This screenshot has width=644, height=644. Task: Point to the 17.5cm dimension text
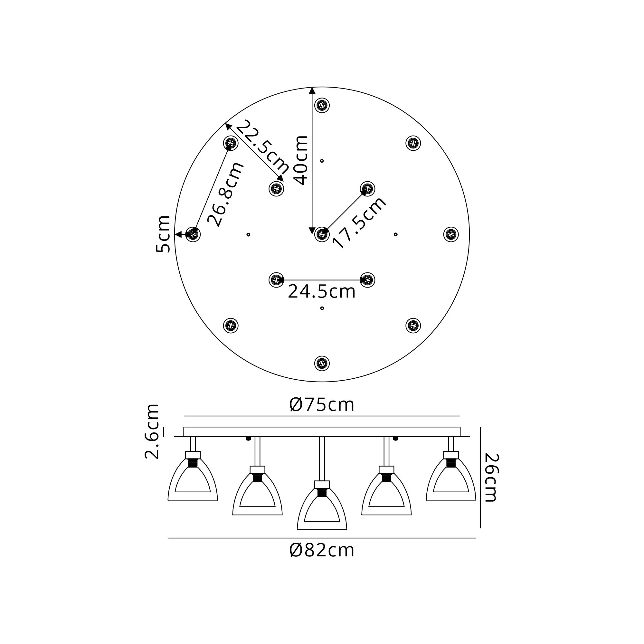pyautogui.click(x=360, y=223)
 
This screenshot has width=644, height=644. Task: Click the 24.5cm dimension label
pyautogui.click(x=322, y=292)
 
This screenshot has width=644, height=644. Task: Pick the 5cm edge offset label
pyautogui.click(x=163, y=234)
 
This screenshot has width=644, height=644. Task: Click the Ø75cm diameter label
pyautogui.click(x=322, y=405)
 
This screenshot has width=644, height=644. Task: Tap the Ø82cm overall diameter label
pyautogui.click(x=322, y=550)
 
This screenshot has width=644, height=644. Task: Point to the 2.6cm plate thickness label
pyautogui.click(x=152, y=431)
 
